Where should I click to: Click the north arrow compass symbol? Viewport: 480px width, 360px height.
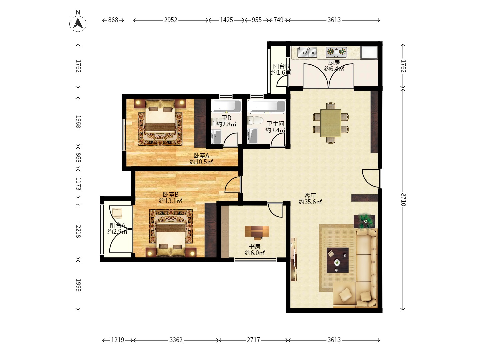tap(78, 24)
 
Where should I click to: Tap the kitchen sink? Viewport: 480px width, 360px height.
tap(307, 52)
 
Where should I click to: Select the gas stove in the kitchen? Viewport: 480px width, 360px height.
tap(336, 52)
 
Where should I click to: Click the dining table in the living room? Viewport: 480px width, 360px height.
tap(330, 123)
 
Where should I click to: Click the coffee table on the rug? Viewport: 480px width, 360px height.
tap(337, 260)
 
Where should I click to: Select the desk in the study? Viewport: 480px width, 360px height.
tap(257, 232)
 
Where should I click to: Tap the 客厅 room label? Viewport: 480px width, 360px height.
tap(310, 196)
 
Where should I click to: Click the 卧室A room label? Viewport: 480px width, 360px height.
tap(201, 156)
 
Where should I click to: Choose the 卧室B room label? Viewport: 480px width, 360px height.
tap(171, 195)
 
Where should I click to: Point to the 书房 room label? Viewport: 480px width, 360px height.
tap(255, 247)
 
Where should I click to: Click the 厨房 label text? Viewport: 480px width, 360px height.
tap(334, 63)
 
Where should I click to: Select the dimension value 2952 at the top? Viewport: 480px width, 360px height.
tap(171, 20)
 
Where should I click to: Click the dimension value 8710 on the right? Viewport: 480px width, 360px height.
tap(403, 199)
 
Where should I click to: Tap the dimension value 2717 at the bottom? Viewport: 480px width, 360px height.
tap(253, 340)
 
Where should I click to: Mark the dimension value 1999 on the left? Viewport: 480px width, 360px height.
tap(78, 285)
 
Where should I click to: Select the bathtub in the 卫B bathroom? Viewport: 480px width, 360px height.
tap(226, 106)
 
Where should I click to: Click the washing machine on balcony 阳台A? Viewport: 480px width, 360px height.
tap(117, 213)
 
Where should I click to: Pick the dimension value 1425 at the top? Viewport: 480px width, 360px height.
tap(226, 20)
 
